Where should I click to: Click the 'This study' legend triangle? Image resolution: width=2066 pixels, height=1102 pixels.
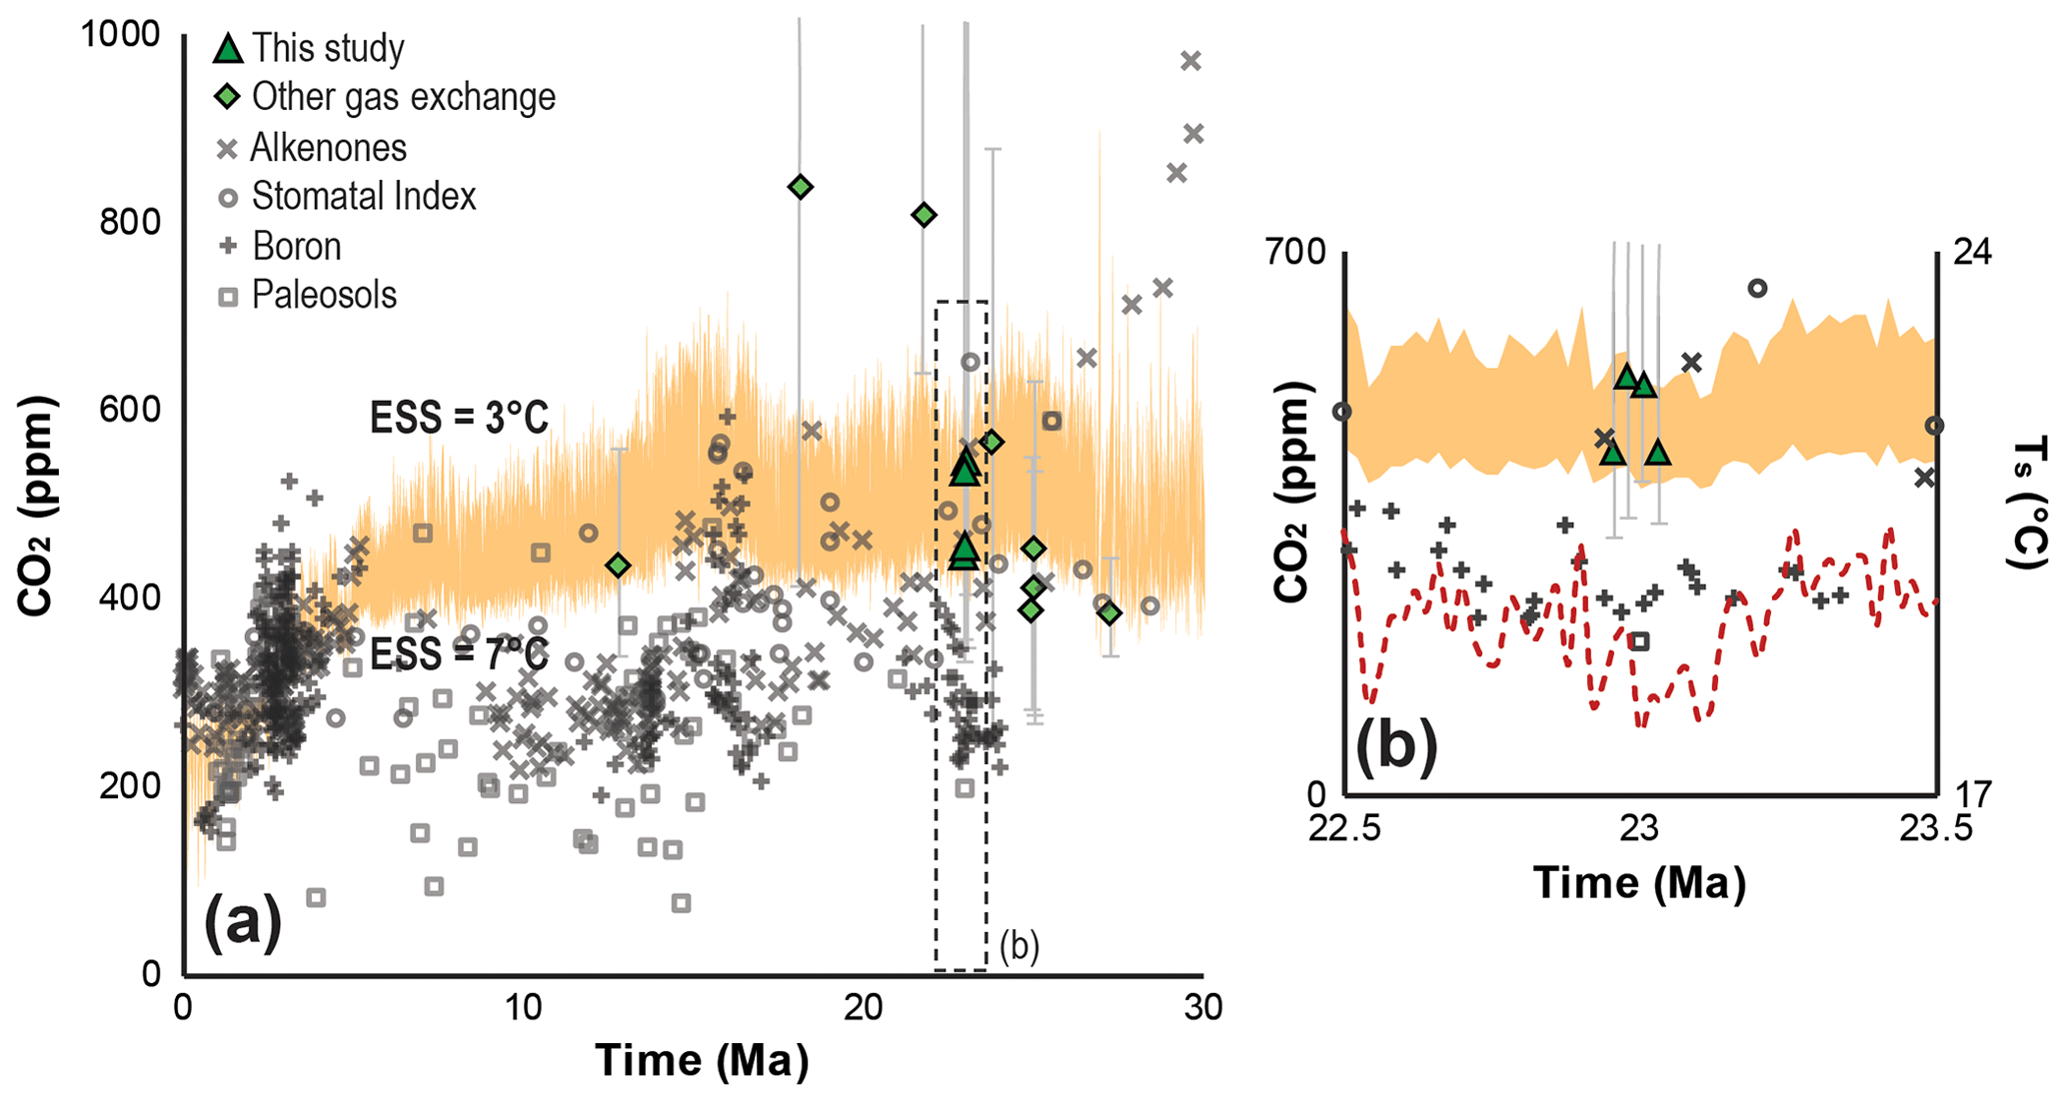coord(229,48)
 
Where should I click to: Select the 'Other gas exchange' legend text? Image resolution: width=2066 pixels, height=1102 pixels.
coord(403,97)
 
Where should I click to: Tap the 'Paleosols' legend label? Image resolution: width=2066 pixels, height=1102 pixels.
coord(324,295)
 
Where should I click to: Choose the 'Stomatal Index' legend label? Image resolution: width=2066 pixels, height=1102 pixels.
coord(364,196)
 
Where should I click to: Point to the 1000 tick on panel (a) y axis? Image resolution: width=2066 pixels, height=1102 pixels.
coord(120,34)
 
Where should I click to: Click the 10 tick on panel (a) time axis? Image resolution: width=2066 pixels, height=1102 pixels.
coord(522,1007)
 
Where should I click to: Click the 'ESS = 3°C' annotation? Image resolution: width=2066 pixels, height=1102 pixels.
coord(459,418)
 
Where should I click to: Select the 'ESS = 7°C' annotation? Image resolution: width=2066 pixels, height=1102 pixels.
coord(459,655)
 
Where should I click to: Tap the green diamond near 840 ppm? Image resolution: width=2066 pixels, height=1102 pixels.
coord(800,187)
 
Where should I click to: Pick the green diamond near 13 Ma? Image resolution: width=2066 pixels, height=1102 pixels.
coord(619,565)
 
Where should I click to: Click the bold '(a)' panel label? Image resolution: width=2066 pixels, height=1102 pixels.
coord(243,922)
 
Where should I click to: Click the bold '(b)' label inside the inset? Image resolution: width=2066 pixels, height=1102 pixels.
coord(1396,746)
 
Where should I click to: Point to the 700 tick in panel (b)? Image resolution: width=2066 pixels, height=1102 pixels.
coord(1295,252)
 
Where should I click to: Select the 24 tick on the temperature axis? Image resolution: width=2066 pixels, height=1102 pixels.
coord(1971,252)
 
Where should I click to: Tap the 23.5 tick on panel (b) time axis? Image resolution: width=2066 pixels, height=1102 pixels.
coord(1937,829)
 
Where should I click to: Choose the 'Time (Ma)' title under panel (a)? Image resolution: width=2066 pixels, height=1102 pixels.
coord(702,1060)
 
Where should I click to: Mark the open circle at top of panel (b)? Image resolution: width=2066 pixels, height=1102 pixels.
coord(1757,289)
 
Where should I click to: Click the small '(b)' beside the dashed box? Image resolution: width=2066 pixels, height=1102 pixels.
coord(1020,945)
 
